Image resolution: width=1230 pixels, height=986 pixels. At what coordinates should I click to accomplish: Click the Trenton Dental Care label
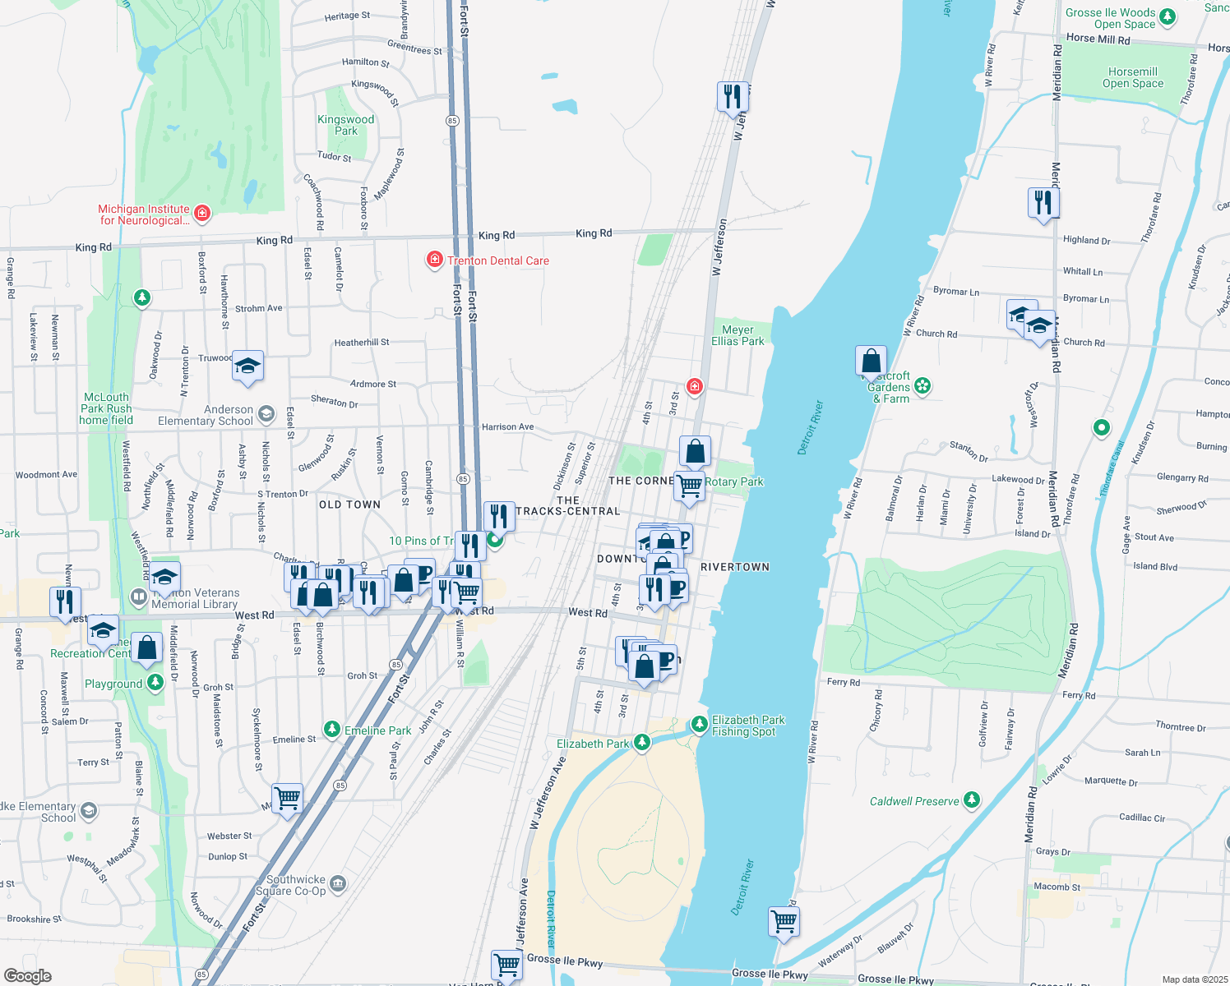point(497,260)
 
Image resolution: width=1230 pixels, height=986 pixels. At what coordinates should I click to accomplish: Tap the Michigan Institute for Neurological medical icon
point(202,214)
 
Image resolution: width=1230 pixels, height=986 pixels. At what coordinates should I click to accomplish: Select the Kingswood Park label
point(346,125)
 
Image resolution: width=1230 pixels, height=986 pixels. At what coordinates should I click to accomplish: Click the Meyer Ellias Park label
point(738,335)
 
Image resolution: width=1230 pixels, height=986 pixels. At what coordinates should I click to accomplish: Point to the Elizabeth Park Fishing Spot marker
point(699,724)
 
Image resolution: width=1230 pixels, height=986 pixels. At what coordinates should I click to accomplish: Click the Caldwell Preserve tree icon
point(972,799)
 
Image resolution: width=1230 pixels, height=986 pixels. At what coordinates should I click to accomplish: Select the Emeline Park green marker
point(331,729)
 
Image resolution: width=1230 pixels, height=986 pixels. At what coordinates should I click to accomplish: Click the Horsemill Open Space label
point(1132,77)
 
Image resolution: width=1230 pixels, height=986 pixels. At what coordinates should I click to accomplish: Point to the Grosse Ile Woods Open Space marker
point(1167,17)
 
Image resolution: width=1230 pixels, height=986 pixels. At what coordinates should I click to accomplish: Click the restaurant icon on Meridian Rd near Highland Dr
point(1043,201)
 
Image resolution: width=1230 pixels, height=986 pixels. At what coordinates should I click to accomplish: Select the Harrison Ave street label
point(507,426)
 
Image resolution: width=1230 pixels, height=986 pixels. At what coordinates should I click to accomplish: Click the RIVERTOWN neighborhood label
point(735,567)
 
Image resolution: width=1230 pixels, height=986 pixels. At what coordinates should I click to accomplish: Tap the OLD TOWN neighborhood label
point(349,505)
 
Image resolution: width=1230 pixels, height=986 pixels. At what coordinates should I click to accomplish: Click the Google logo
point(28,976)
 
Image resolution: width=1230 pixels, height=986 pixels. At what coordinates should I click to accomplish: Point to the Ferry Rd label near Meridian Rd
point(1079,695)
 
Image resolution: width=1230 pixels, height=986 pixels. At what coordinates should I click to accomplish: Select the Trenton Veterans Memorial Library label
point(196,598)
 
